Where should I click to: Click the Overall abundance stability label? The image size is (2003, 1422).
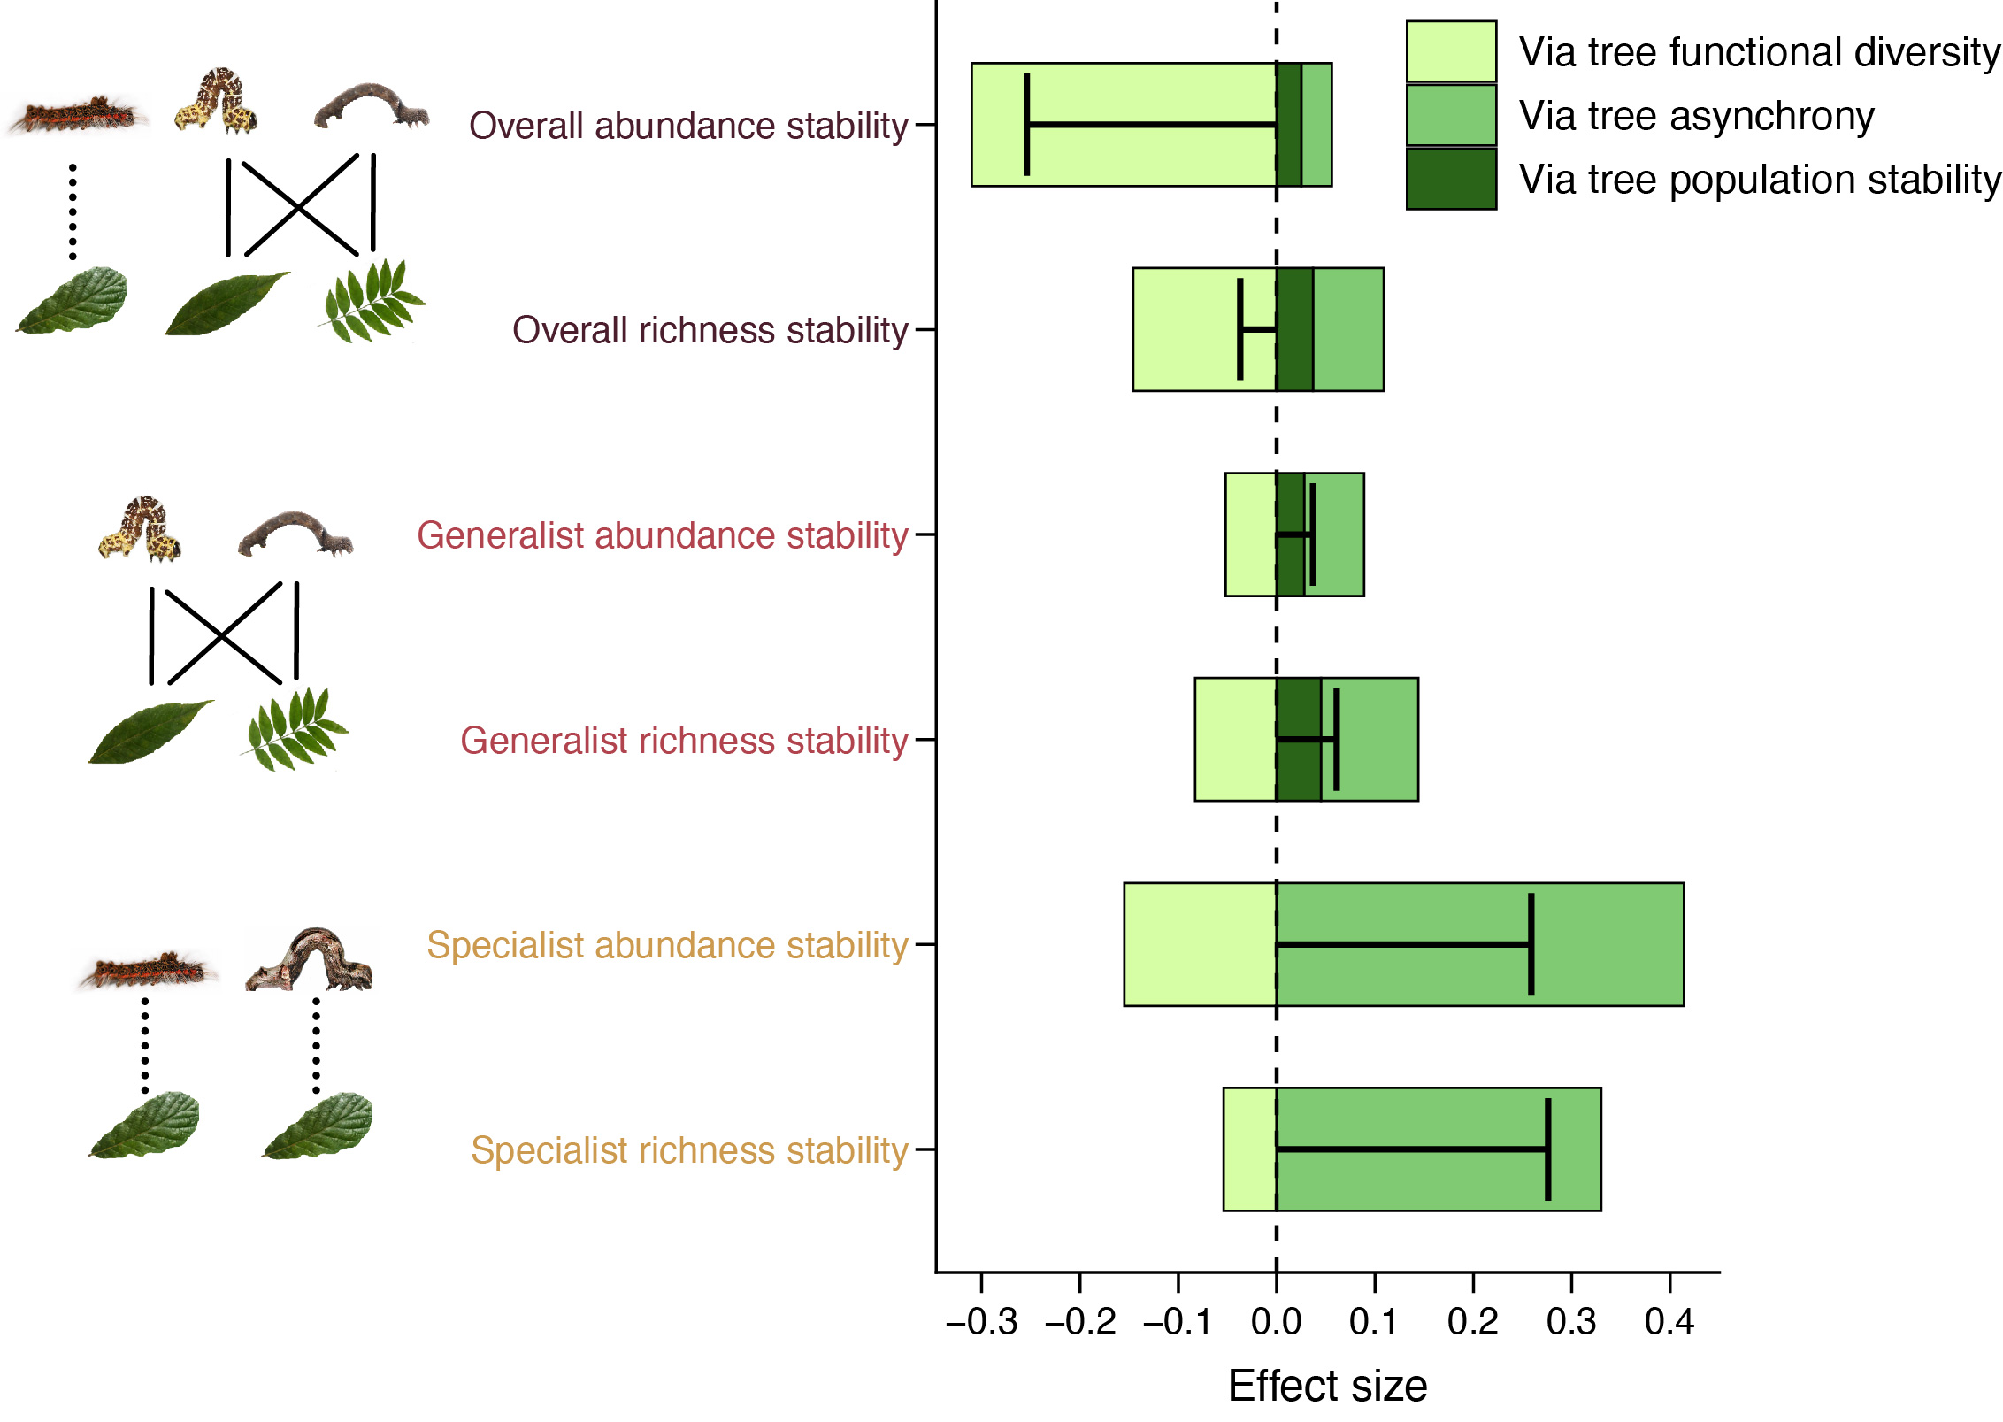coord(688,126)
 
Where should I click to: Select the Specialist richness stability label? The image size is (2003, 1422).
coord(689,1150)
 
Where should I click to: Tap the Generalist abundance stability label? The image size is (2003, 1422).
coord(663,535)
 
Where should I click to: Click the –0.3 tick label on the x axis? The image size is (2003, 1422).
coord(982,1322)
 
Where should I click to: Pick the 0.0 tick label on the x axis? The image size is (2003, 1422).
coord(1276,1322)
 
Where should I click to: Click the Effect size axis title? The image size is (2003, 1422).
coord(1327,1386)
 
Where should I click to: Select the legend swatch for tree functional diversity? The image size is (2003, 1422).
coord(1451,51)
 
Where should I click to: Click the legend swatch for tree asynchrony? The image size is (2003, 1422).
coord(1451,115)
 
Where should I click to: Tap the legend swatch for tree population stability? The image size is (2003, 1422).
coord(1451,179)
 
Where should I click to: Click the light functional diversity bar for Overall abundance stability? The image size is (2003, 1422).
coord(1124,88)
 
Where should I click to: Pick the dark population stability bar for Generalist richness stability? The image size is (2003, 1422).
coord(1298,770)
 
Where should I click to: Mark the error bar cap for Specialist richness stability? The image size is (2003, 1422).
coord(1548,1149)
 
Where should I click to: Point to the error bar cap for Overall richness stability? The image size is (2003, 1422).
coord(1240,329)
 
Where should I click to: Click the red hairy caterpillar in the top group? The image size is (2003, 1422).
coord(78,116)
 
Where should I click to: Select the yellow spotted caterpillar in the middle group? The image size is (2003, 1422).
coord(141,528)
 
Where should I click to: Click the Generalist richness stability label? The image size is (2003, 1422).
coord(684,741)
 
